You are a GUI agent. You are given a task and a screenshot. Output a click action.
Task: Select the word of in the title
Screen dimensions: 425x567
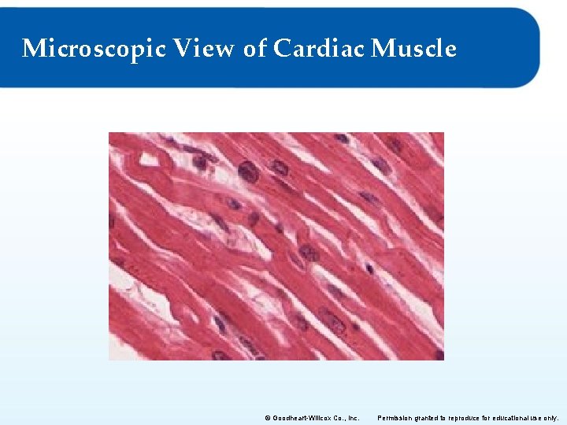point(255,49)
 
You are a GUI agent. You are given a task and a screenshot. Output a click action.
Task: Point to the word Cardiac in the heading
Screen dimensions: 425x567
point(319,49)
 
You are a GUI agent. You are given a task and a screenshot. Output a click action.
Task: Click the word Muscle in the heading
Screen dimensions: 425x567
point(413,49)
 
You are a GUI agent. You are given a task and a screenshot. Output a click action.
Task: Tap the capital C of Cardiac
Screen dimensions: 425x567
point(282,49)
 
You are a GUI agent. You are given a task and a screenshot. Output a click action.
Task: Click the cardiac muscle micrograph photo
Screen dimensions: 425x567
point(276,246)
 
